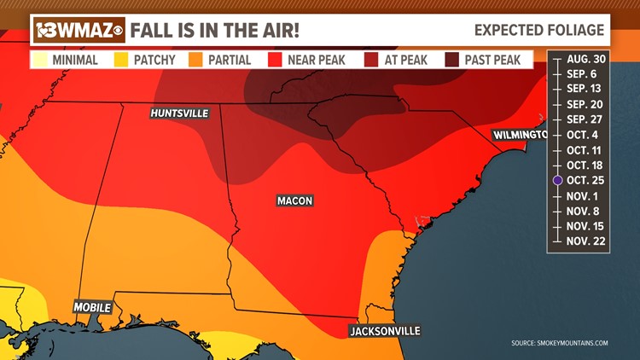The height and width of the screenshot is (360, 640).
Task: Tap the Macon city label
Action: click(x=294, y=201)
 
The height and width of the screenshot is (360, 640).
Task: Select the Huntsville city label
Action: click(x=178, y=113)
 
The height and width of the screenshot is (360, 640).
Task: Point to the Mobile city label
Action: click(x=92, y=307)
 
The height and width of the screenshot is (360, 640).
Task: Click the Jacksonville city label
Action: click(x=385, y=330)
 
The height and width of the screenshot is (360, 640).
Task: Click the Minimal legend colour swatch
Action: click(x=40, y=61)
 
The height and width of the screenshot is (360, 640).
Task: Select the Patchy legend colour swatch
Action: click(x=120, y=61)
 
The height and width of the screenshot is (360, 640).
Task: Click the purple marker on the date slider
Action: click(x=557, y=180)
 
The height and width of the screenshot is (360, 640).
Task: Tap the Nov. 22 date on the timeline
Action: click(x=585, y=241)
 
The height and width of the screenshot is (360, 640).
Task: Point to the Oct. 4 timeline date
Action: click(x=584, y=135)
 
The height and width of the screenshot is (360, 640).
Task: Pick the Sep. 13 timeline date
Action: click(x=585, y=89)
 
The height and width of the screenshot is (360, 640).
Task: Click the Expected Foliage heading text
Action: click(x=539, y=30)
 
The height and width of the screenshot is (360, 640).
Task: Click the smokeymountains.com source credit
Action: click(x=560, y=343)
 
